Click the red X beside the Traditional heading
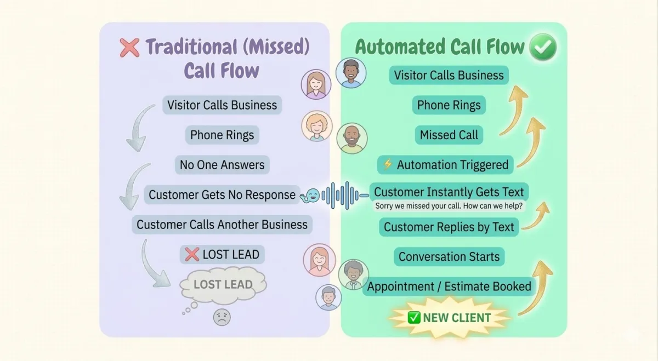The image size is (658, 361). click(129, 48)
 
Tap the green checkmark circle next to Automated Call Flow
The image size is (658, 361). click(543, 47)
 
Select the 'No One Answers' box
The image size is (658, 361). click(222, 165)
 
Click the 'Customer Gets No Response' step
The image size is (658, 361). click(222, 194)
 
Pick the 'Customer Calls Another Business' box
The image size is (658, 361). click(222, 225)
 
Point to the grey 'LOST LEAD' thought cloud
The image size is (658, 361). click(223, 285)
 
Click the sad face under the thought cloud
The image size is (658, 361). click(222, 317)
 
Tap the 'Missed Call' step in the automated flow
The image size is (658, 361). click(449, 135)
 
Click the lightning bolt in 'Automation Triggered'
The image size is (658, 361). click(388, 164)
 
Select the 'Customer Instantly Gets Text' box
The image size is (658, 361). click(449, 192)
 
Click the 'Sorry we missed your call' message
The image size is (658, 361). click(449, 206)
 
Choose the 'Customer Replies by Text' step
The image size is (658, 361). click(449, 227)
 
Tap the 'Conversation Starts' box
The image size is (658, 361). click(449, 256)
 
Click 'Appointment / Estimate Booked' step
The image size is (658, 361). click(449, 286)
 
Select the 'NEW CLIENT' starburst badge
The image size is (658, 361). click(450, 318)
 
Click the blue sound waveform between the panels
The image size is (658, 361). click(345, 195)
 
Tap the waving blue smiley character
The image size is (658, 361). click(310, 196)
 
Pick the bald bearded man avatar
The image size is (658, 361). click(351, 138)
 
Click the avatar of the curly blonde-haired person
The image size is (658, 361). click(317, 126)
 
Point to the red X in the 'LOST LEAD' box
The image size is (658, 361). click(192, 254)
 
